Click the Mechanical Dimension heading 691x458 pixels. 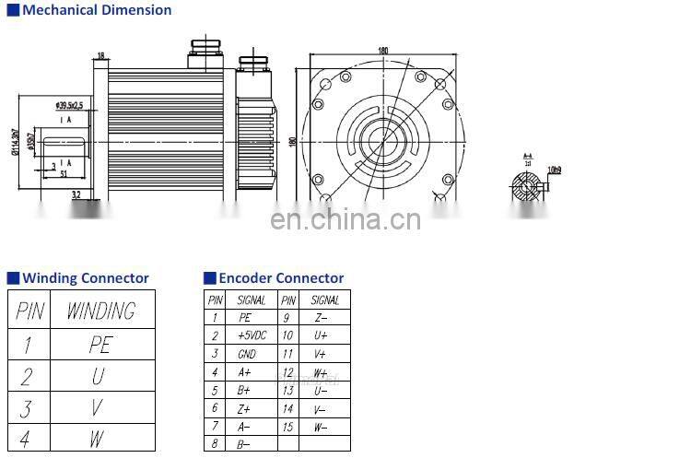(96, 10)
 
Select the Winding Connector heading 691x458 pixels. (85, 278)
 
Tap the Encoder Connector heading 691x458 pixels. (281, 278)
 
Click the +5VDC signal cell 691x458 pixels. (252, 335)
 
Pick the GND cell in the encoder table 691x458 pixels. (247, 354)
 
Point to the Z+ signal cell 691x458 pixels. (245, 408)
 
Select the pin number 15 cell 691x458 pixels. (288, 427)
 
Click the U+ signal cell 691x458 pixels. (321, 335)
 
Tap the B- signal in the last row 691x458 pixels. (245, 444)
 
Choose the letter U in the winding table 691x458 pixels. (99, 376)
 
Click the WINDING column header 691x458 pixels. (100, 311)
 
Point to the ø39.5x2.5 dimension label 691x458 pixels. (69, 106)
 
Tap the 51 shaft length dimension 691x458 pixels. (64, 172)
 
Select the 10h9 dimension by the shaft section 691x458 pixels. (555, 170)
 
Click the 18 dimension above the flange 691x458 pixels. (100, 55)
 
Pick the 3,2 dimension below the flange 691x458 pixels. (76, 194)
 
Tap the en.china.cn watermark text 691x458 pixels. (345, 220)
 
